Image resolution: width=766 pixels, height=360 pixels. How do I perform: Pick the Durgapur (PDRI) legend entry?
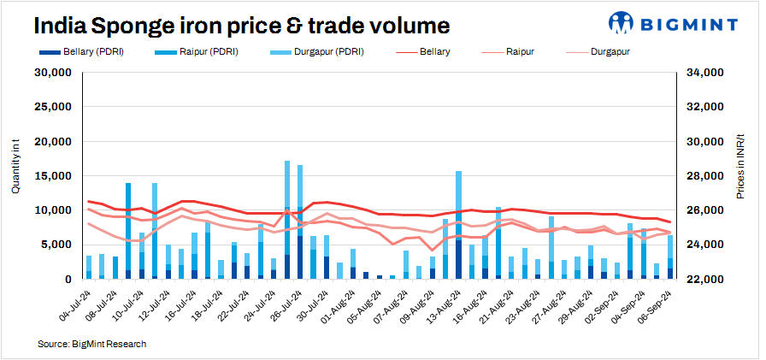coord(314,52)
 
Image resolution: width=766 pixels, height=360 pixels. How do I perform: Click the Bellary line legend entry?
coord(427,52)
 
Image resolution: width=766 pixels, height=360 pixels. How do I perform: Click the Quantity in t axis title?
coord(15,175)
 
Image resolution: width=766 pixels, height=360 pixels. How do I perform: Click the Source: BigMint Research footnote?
coord(92,344)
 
